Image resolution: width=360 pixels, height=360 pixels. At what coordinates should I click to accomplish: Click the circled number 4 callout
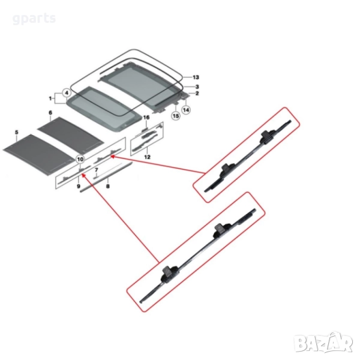(67, 93)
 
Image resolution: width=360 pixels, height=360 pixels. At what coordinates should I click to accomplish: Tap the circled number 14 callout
(186, 110)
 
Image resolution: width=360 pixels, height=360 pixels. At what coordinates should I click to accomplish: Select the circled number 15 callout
(176, 116)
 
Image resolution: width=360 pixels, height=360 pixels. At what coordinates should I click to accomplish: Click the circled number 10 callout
(80, 159)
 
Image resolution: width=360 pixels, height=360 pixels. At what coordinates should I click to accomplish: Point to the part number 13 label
(196, 77)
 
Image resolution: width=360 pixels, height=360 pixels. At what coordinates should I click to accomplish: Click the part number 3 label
(197, 87)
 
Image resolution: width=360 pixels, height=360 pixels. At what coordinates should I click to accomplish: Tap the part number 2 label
(197, 94)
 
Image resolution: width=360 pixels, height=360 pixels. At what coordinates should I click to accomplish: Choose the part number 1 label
(50, 98)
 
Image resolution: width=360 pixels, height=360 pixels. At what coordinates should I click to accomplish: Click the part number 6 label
(50, 113)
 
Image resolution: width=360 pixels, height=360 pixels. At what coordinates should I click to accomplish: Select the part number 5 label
(17, 132)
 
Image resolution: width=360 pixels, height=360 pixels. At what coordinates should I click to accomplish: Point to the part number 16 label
(146, 118)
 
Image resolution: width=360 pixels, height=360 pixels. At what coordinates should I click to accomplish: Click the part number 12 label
(147, 157)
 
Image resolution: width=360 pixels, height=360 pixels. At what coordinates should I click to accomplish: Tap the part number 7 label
(97, 170)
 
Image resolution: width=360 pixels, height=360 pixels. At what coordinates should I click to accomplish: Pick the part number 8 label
(107, 186)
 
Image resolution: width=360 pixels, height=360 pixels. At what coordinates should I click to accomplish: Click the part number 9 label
(78, 186)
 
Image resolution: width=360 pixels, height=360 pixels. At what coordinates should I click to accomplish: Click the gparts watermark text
(34, 19)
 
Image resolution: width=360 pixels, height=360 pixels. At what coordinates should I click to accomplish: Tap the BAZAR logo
(324, 343)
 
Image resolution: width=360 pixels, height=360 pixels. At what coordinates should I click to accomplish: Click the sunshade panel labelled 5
(40, 154)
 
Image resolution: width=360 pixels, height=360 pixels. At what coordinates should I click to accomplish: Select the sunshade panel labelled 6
(71, 135)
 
